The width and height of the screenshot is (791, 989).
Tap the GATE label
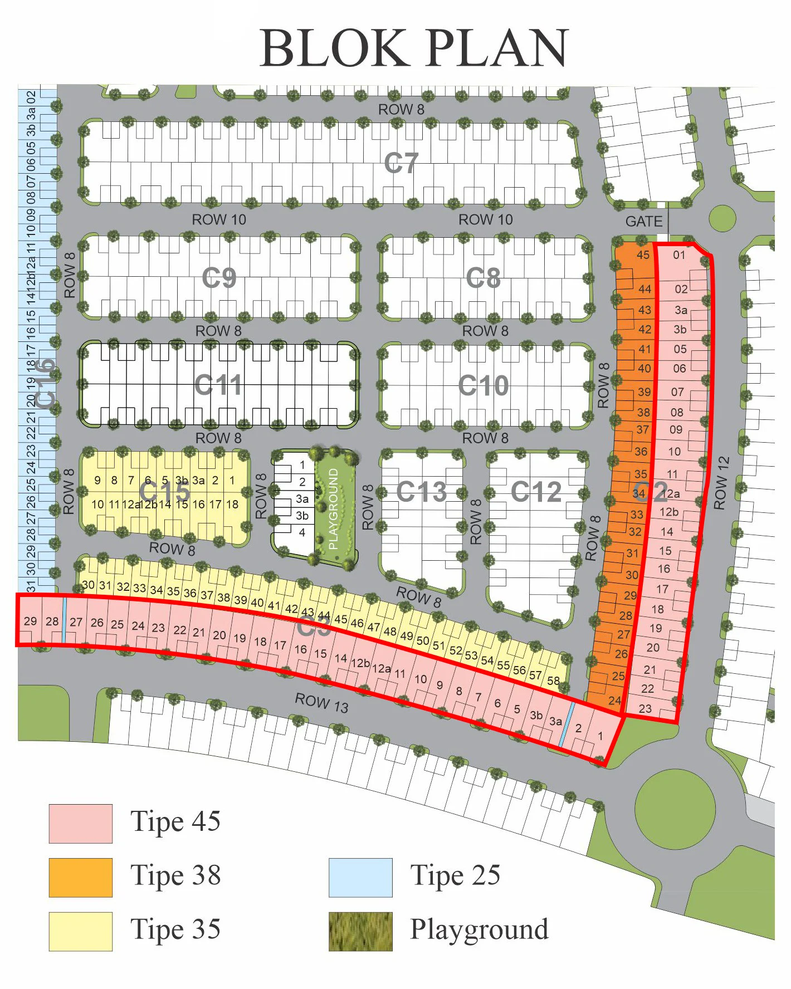coord(644,222)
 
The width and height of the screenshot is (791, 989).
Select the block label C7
coord(401,163)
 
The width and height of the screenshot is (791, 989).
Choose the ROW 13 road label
coord(321,703)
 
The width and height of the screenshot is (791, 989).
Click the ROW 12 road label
coord(722,483)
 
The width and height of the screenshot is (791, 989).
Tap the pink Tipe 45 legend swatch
coord(81,823)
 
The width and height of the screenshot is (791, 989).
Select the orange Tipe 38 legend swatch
coord(81,877)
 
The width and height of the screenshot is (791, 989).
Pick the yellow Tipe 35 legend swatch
coord(81,931)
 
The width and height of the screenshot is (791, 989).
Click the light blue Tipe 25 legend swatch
coord(360,877)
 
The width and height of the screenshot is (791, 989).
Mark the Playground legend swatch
coord(360,931)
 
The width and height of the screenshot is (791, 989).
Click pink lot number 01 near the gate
coord(679,255)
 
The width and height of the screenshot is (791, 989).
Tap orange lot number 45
coord(643,255)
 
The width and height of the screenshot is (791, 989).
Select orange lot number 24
coord(614,701)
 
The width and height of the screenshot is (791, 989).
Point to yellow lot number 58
coord(553,680)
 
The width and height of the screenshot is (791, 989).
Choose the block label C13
coord(422,492)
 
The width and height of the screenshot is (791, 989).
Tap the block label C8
coord(484,277)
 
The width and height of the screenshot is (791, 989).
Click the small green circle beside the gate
coord(722,218)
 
